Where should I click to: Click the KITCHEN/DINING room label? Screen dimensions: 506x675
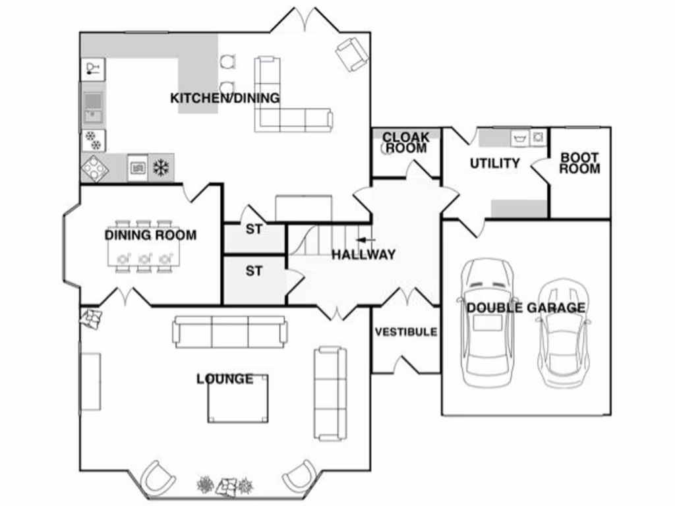(225, 98)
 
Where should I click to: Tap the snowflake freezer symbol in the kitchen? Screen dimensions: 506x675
(160, 167)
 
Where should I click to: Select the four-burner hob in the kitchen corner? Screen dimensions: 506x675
(94, 169)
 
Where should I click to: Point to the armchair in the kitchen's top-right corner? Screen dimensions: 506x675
(351, 53)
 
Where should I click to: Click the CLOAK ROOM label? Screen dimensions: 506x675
(406, 143)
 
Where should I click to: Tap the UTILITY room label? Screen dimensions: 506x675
(494, 163)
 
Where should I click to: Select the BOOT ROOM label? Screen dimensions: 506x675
(580, 163)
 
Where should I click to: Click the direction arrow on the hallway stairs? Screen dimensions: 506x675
(365, 240)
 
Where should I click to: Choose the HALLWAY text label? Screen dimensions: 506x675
(363, 254)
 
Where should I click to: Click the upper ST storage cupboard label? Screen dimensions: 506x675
(254, 229)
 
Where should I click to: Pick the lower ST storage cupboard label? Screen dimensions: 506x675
(254, 271)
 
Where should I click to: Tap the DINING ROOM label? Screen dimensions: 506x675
(150, 235)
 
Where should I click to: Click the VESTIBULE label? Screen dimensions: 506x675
(405, 331)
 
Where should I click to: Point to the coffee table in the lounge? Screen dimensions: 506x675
(238, 399)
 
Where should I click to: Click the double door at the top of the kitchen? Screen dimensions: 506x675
(304, 20)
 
